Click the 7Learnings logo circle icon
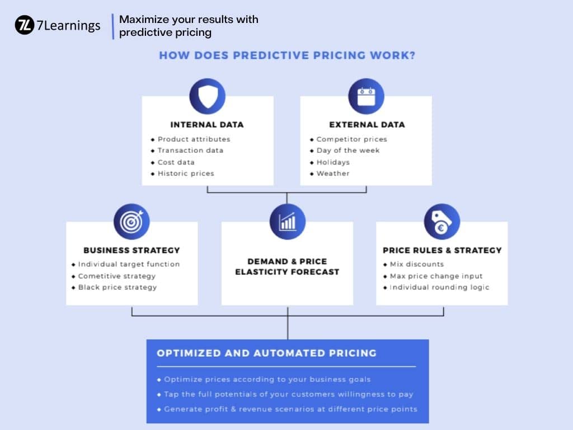25,25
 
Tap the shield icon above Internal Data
207,96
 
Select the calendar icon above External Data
366,96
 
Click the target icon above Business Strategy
131,222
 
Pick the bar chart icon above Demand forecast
288,222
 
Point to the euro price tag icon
442,222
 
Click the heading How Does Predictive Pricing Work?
287,55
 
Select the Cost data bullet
172,162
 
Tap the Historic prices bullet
182,174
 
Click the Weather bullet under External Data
330,174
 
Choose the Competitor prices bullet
348,139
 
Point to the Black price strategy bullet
114,287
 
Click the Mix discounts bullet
414,264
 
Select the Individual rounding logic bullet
436,287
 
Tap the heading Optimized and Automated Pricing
267,353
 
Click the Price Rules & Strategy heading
442,250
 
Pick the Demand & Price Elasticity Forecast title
287,267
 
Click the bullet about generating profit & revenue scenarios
287,409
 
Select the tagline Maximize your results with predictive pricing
189,26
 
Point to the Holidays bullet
330,162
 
